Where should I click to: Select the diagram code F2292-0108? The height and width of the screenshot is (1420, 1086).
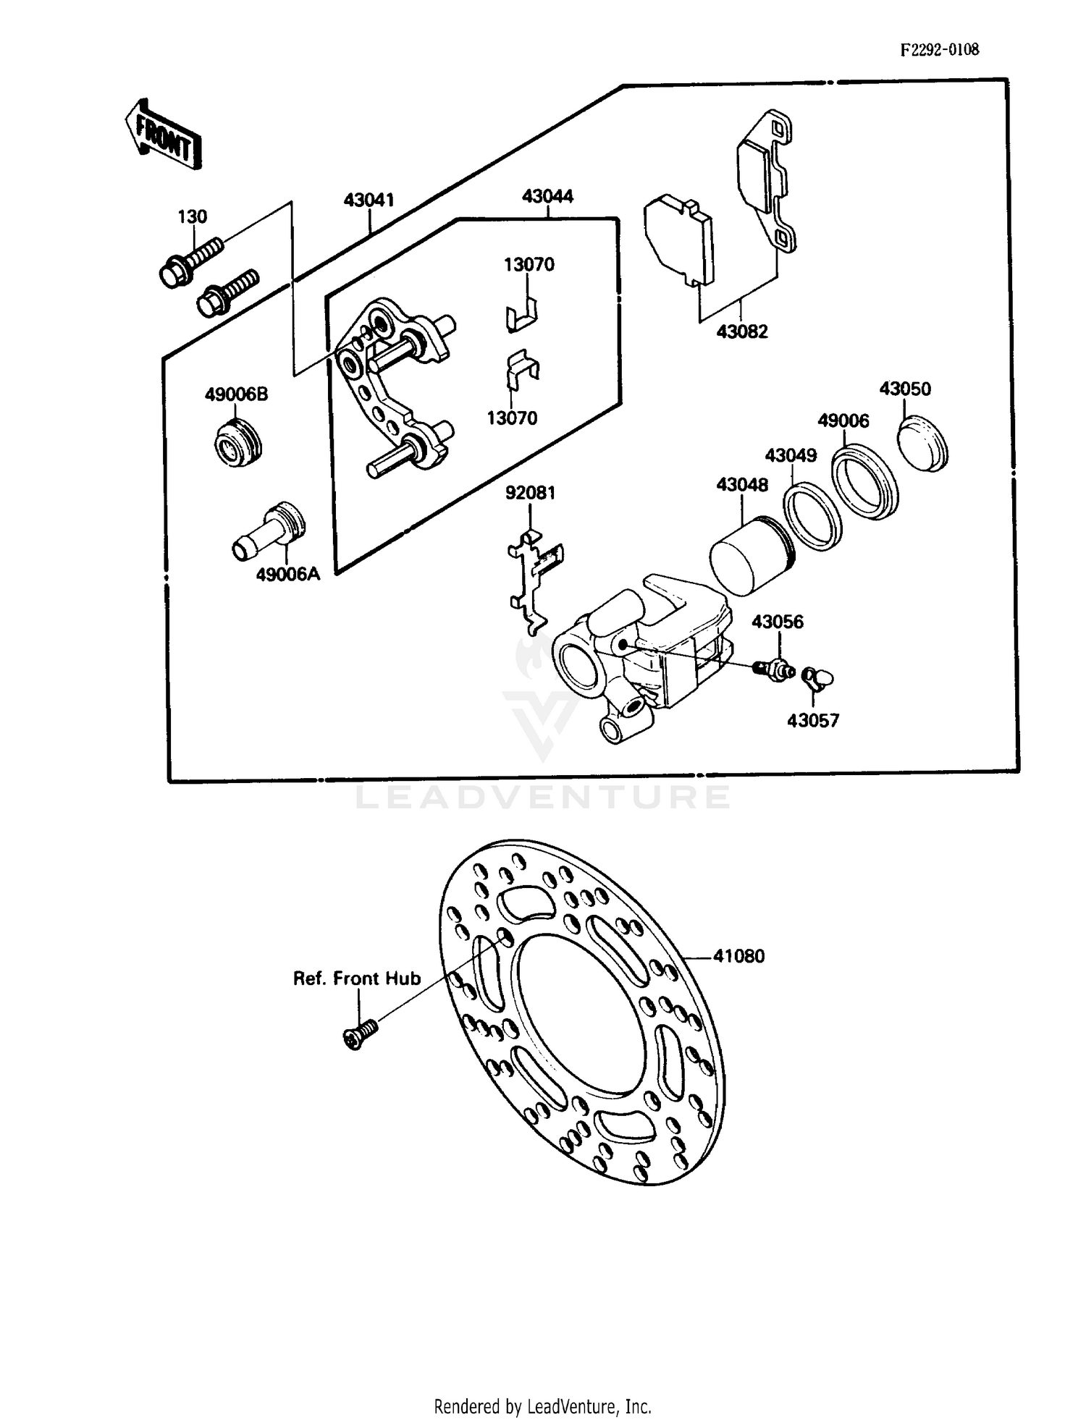(x=939, y=50)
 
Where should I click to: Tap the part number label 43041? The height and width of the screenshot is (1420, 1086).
(x=369, y=200)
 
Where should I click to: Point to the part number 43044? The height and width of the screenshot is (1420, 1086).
(x=547, y=196)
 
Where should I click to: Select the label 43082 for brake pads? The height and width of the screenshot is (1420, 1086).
(x=741, y=331)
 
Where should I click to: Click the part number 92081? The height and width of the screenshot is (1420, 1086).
(x=530, y=493)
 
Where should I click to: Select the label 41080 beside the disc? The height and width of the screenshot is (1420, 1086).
(x=738, y=956)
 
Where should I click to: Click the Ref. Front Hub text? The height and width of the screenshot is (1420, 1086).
(x=356, y=979)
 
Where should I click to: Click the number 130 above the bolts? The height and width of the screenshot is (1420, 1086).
(x=193, y=216)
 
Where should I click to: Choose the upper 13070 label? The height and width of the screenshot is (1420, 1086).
(x=529, y=264)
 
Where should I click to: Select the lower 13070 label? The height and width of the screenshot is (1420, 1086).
(x=512, y=418)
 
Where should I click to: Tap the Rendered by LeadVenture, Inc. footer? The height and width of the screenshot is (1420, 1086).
(x=542, y=1406)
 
